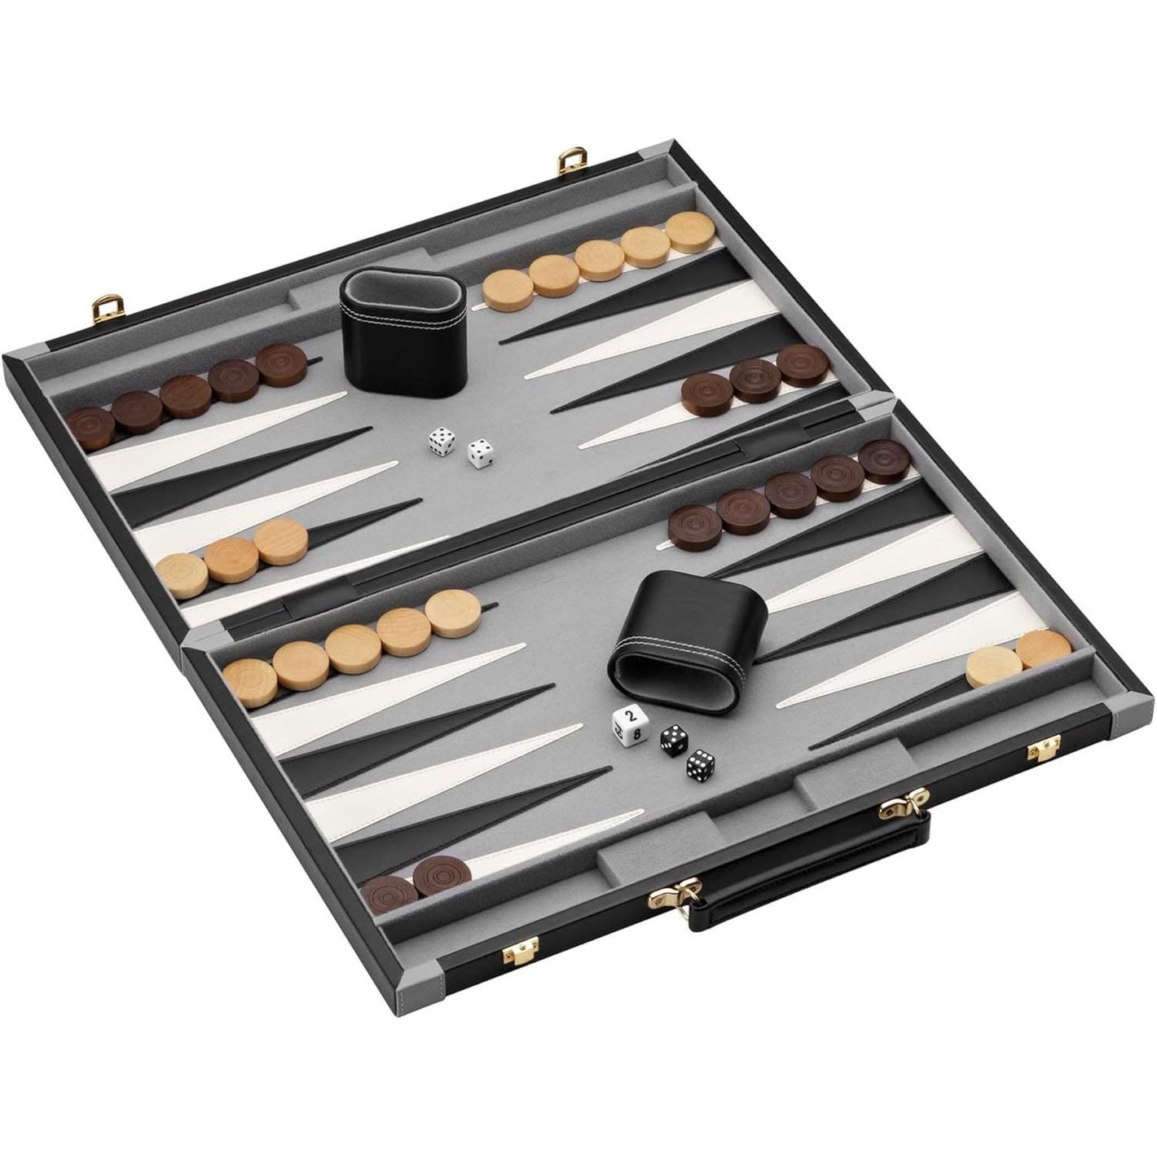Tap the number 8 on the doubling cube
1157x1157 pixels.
point(636,733)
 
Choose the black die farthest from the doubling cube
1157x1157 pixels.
point(698,764)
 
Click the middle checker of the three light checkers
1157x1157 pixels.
point(230,555)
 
